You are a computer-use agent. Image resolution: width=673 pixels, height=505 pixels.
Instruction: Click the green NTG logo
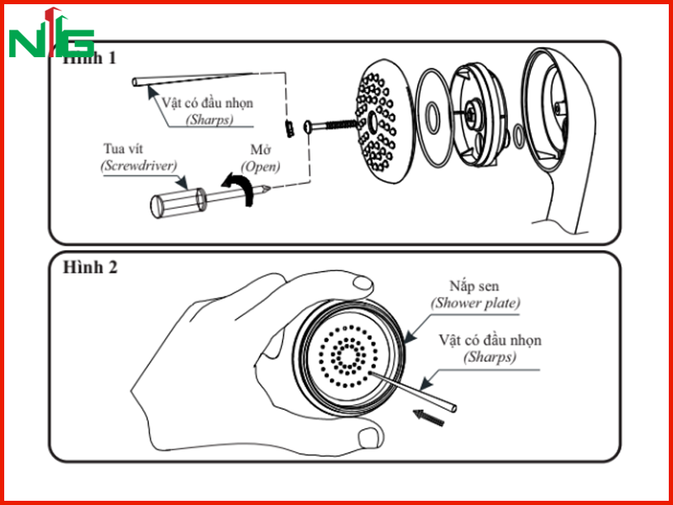point(51,33)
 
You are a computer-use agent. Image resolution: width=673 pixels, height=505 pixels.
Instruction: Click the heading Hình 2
point(90,267)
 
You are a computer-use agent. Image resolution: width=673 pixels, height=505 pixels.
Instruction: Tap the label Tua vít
point(123,149)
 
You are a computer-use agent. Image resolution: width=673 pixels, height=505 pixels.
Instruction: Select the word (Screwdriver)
point(139,166)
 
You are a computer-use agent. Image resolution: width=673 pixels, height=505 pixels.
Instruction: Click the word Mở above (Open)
point(260,150)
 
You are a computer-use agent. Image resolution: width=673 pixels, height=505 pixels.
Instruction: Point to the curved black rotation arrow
point(239,188)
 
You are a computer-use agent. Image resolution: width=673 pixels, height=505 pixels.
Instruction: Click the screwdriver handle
point(178,203)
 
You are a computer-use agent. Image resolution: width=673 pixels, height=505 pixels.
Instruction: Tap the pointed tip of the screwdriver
point(268,188)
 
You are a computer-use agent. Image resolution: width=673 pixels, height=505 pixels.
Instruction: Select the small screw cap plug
point(289,128)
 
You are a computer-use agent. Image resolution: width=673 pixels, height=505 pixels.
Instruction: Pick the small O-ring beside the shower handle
point(519,136)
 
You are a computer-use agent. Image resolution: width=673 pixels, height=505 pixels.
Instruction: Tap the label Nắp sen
point(474,285)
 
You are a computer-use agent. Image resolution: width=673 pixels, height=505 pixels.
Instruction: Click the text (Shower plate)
point(475,303)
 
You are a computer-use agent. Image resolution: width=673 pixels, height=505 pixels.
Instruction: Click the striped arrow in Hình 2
point(428,417)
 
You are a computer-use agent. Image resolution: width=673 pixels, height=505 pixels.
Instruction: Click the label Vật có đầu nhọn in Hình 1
point(207,103)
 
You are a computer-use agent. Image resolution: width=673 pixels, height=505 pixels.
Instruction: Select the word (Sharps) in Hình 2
point(490,357)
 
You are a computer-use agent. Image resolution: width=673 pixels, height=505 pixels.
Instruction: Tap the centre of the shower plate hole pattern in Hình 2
point(348,356)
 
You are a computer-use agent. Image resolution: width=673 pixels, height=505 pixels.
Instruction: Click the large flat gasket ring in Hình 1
point(434,117)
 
